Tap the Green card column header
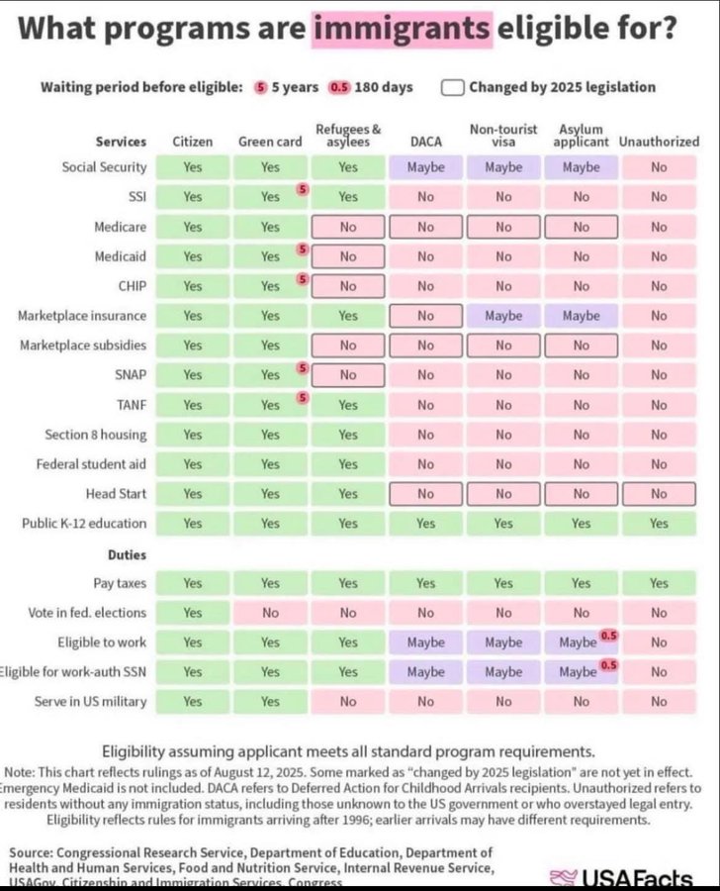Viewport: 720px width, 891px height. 270,142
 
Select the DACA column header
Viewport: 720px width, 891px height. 425,142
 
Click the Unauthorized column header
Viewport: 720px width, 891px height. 659,142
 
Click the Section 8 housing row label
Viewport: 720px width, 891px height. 95,435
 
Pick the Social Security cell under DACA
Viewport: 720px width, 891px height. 425,167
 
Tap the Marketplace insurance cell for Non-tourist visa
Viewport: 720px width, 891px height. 503,316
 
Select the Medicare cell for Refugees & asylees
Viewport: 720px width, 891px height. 348,227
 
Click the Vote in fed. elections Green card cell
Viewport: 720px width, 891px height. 270,613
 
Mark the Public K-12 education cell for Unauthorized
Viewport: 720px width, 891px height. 659,524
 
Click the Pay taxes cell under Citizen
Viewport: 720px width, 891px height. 192,583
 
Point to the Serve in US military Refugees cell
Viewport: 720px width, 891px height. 348,702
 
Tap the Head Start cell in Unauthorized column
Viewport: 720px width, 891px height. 659,494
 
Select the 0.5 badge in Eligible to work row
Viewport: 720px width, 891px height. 608,635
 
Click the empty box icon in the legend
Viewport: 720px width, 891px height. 453,87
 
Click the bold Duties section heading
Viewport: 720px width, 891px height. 127,555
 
